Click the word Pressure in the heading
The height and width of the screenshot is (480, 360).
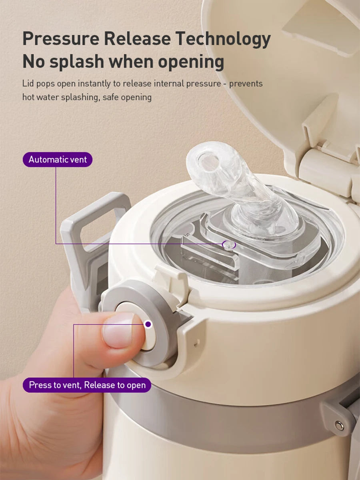click(60, 39)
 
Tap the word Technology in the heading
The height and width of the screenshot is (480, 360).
click(223, 39)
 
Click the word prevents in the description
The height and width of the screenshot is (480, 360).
click(246, 84)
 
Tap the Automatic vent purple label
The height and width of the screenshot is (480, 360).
click(58, 160)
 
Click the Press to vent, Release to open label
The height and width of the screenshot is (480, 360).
click(87, 385)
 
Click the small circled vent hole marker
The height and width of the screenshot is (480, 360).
click(229, 245)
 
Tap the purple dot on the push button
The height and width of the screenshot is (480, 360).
click(148, 324)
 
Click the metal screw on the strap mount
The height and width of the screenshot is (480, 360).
click(339, 425)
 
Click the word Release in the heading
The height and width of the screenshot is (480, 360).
click(137, 39)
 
